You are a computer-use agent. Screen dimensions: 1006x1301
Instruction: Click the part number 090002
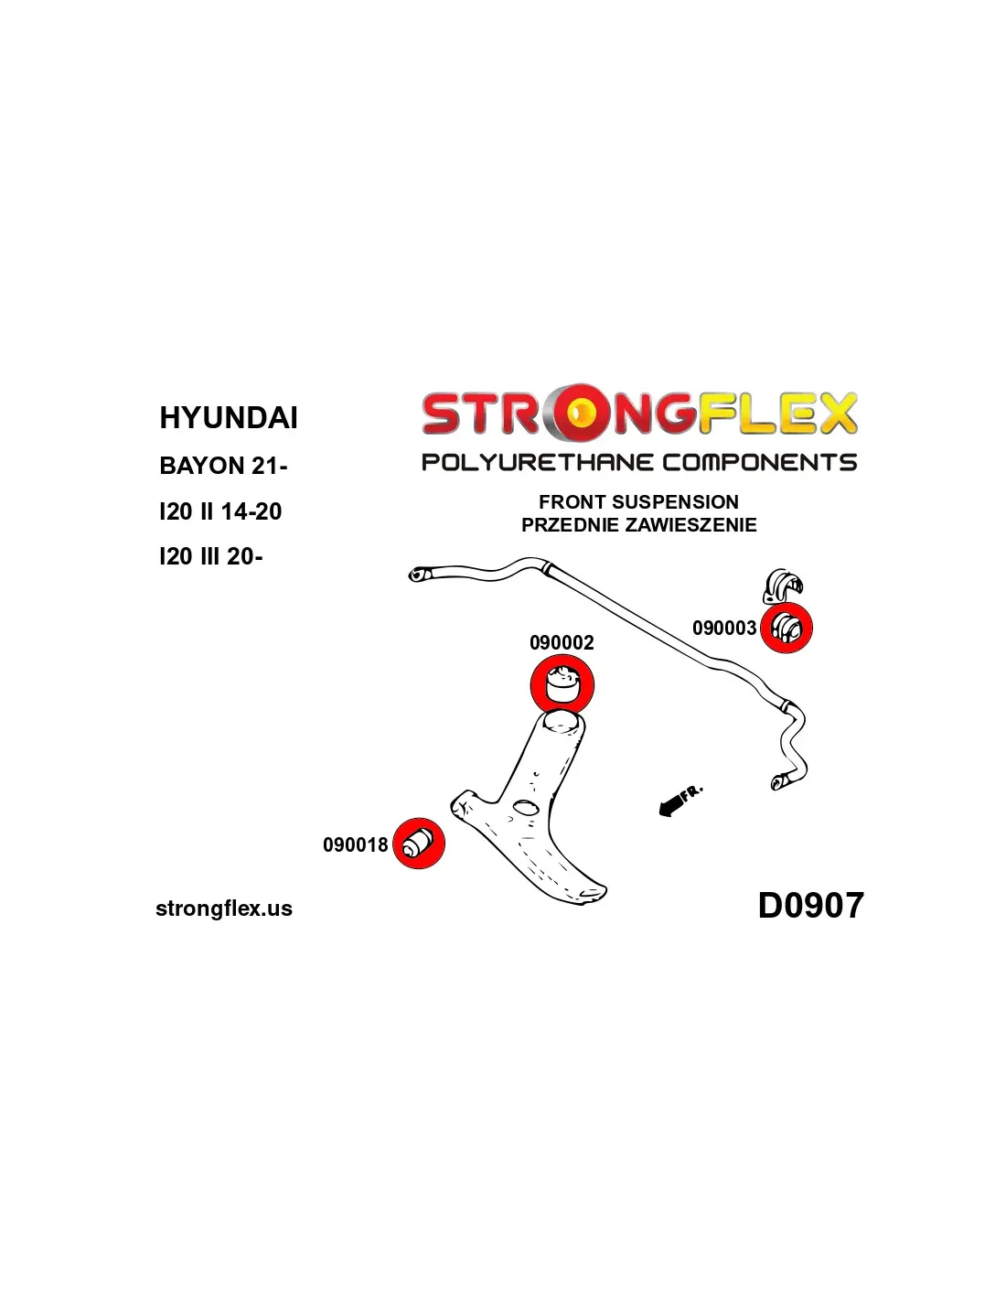561,642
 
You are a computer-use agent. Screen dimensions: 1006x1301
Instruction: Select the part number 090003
724,628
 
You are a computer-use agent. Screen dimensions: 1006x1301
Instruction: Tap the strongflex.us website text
224,909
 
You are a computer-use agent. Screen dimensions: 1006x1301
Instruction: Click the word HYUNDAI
228,417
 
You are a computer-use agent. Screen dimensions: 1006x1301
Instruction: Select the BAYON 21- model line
223,466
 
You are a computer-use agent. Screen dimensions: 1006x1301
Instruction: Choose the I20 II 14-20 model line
220,511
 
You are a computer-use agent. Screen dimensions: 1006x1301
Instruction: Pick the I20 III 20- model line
210,557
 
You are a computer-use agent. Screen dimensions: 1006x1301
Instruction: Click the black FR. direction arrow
680,800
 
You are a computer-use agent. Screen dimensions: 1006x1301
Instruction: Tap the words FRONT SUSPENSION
638,501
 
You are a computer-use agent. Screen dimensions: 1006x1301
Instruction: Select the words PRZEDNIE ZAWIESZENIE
638,525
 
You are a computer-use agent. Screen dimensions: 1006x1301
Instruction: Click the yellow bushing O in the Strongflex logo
579,413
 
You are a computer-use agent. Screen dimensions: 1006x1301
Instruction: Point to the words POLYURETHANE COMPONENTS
639,462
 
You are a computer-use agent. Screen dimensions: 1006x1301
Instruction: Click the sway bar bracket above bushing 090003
782,585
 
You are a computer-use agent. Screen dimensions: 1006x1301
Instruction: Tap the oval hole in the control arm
526,808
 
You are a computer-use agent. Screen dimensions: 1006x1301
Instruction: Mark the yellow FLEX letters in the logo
776,414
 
